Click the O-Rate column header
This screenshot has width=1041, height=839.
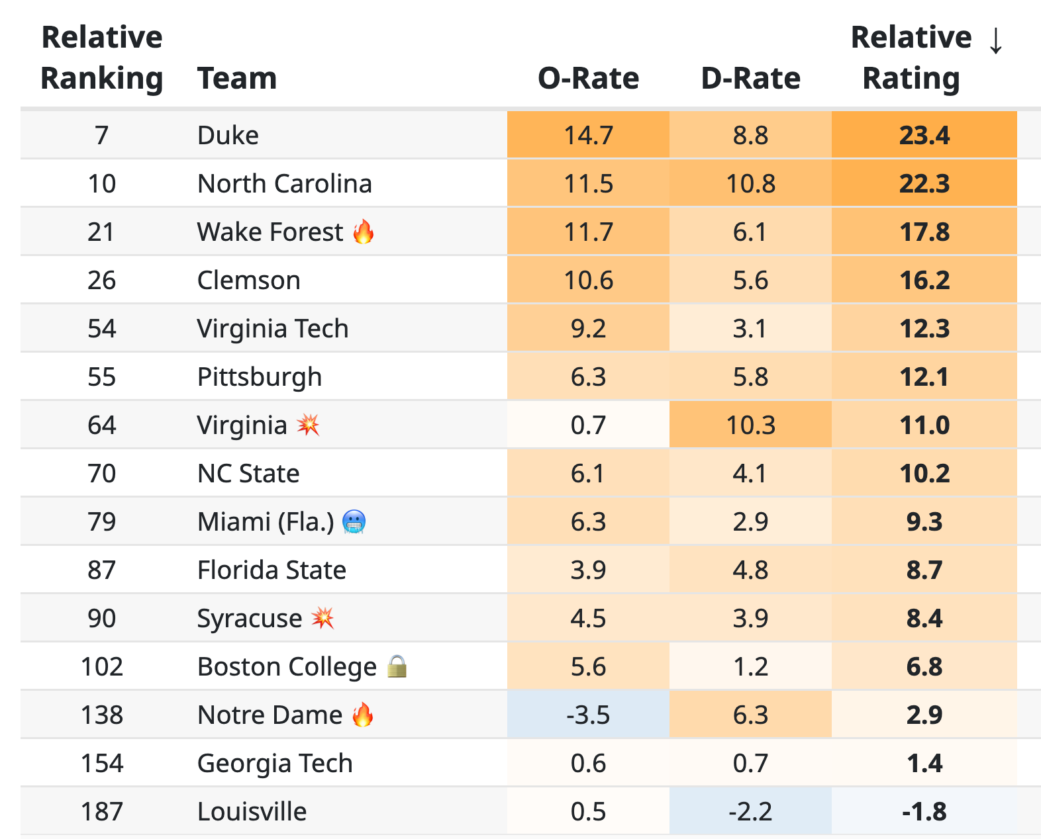click(588, 78)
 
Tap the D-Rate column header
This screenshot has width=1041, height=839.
click(750, 78)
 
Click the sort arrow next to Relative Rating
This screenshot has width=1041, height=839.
click(995, 40)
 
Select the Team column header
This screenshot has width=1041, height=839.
click(236, 78)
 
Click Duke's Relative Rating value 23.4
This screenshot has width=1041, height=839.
click(924, 135)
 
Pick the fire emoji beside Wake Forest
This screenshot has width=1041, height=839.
click(364, 232)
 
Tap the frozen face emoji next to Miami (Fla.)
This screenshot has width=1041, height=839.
click(354, 521)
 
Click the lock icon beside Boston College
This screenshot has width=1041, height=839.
click(397, 666)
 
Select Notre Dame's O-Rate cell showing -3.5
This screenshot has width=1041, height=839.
click(588, 715)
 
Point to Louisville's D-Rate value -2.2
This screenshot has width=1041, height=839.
click(750, 811)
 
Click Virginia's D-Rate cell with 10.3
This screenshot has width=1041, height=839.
click(750, 425)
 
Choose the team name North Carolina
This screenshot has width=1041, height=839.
click(285, 183)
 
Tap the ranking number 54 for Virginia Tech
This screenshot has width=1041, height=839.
click(101, 328)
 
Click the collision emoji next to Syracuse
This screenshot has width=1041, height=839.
click(322, 617)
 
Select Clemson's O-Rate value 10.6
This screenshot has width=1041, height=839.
click(588, 280)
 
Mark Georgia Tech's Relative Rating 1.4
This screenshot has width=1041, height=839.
click(924, 763)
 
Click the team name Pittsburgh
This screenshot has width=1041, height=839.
click(260, 376)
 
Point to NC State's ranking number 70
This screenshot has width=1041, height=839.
click(101, 473)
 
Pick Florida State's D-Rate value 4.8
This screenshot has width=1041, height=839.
click(750, 570)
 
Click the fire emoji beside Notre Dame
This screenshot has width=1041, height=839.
click(363, 715)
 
